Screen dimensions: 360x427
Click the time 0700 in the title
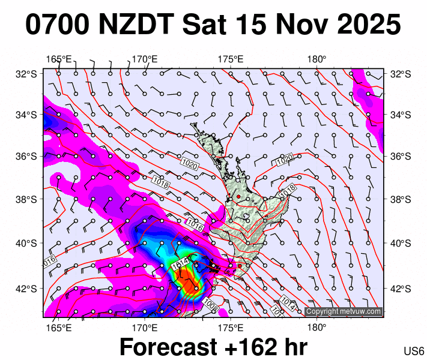(56, 25)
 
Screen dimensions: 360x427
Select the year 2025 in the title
(360, 25)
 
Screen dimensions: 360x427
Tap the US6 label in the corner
(414, 351)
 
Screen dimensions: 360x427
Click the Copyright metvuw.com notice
(344, 311)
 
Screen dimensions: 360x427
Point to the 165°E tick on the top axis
(59, 59)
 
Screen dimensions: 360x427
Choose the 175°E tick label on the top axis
(230, 59)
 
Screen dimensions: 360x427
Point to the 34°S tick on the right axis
(399, 115)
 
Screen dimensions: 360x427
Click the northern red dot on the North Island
(238, 197)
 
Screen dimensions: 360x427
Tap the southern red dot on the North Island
(240, 266)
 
